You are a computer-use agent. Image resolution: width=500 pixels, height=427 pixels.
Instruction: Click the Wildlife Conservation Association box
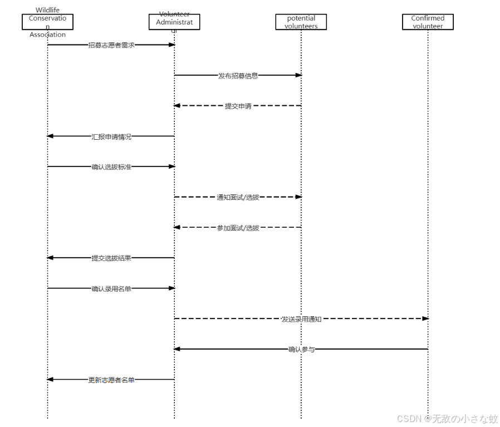[47, 22]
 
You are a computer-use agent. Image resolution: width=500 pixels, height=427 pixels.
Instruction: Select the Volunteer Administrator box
[174, 22]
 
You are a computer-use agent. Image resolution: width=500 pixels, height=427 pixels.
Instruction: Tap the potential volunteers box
[301, 22]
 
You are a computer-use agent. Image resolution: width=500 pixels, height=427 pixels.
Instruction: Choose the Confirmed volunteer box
[428, 22]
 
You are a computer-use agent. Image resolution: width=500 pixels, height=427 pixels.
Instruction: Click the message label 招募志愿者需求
[111, 45]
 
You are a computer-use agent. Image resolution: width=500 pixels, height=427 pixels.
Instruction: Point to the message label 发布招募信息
[238, 76]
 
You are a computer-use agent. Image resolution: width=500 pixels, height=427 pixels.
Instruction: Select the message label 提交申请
[238, 106]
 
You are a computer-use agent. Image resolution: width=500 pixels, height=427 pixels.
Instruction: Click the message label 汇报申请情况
[111, 136]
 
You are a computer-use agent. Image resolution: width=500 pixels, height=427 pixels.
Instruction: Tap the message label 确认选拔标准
[111, 167]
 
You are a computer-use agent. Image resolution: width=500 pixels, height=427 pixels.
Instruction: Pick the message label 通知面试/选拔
[238, 197]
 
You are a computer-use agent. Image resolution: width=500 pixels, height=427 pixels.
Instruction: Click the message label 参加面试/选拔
[238, 228]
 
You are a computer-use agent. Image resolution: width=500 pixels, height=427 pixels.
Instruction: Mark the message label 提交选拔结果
[111, 258]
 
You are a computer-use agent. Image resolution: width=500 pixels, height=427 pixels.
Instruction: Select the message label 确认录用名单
[111, 288]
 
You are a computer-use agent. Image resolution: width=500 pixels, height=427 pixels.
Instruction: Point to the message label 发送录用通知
[301, 319]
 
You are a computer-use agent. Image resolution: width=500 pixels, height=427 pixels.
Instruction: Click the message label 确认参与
[301, 350]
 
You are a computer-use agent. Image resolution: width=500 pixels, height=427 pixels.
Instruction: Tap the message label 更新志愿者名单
[111, 380]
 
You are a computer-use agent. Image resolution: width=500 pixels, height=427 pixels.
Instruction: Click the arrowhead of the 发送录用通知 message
[425, 318]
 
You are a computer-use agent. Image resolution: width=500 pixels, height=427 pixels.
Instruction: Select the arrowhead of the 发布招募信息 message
[298, 75]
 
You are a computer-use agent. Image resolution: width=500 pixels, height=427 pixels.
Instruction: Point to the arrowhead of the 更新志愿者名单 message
[50, 380]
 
